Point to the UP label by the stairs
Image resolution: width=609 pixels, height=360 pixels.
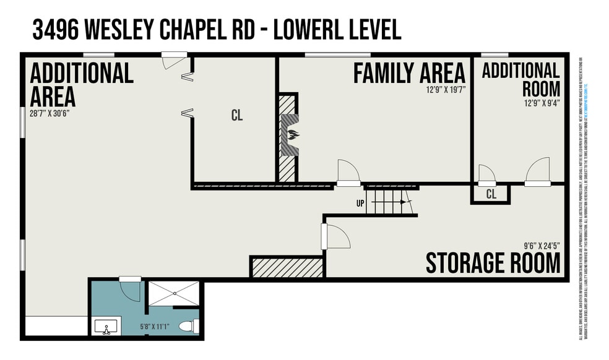360,203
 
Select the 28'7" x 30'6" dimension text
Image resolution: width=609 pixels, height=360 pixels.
53,113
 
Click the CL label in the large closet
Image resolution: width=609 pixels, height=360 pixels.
237,116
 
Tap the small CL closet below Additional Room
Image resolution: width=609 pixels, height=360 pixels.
491,194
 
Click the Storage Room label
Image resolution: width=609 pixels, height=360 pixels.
493,264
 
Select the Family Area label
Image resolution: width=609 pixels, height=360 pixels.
409,73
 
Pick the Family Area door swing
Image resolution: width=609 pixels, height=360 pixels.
347,171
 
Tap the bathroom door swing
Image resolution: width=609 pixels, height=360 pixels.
131,289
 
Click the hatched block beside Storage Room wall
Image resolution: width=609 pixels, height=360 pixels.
287,268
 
